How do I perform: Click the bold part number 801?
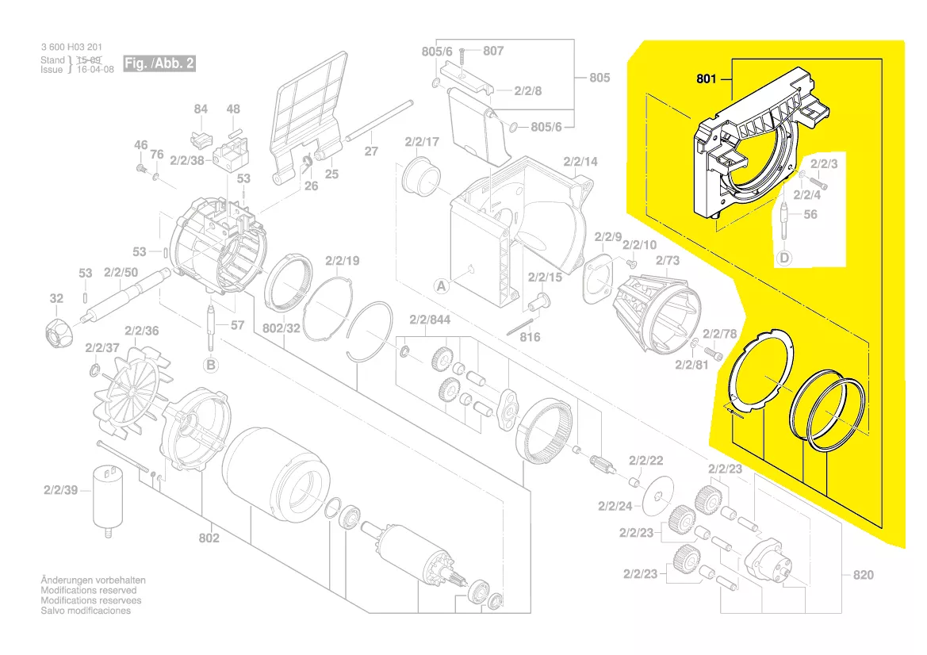coord(707,79)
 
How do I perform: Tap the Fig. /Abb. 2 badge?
coord(159,63)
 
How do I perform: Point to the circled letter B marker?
coord(211,365)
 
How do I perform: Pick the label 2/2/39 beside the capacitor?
coord(61,490)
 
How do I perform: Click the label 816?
coord(530,337)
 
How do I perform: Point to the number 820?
coord(864,574)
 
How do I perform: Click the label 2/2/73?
coord(667,260)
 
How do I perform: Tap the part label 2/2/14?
coord(580,162)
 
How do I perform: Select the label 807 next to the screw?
coord(493,51)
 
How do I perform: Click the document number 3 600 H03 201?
coord(71,48)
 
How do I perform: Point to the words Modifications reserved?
coord(88,591)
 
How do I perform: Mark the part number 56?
coord(810,215)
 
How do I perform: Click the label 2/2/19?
coord(342,260)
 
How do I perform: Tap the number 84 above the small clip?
coord(201,109)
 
